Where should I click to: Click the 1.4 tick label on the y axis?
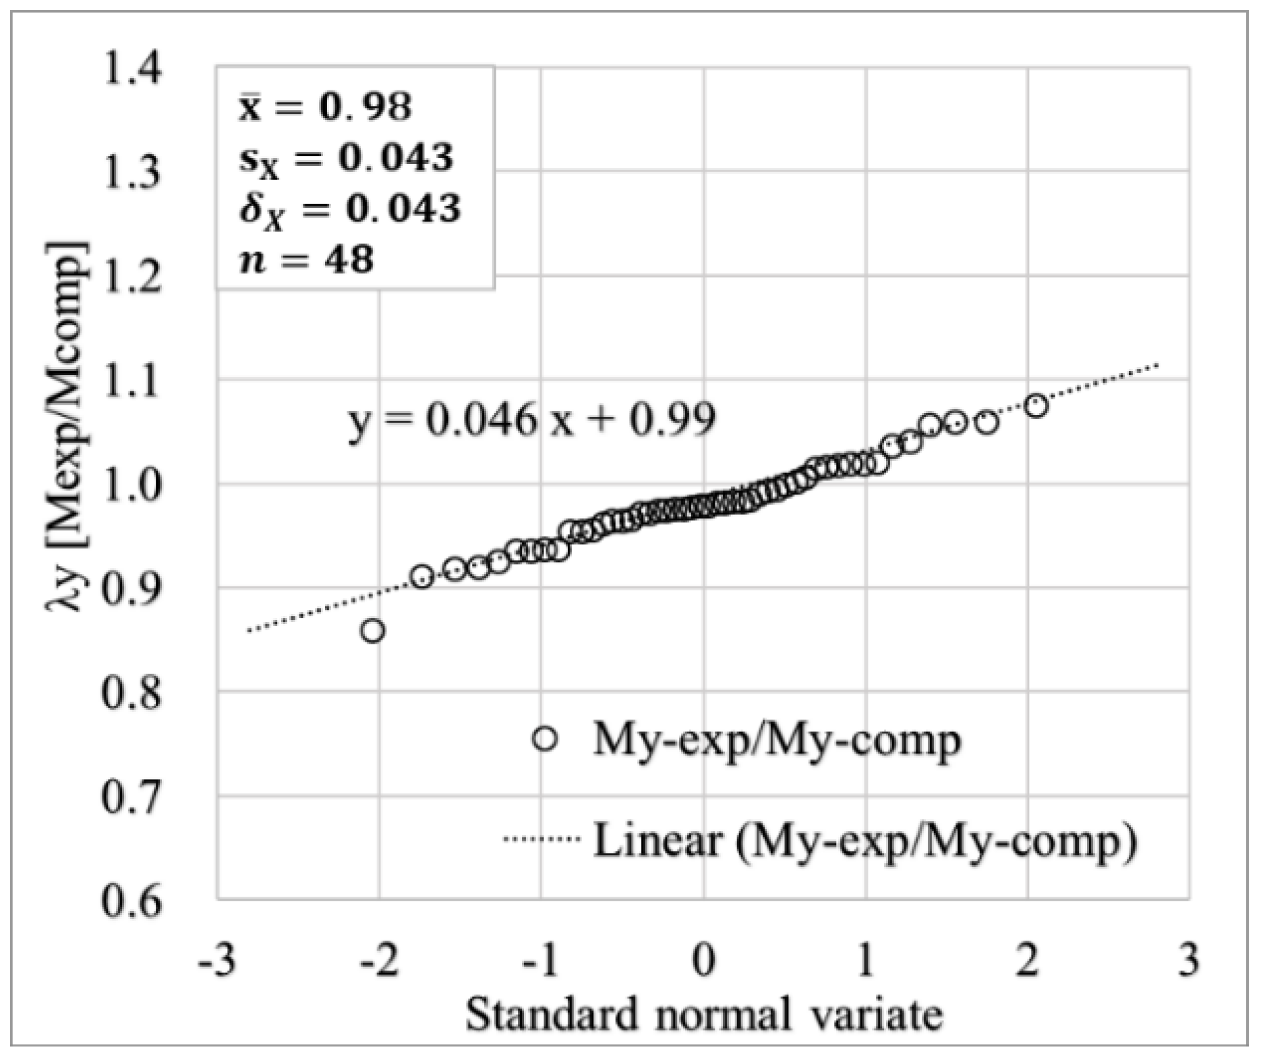click(132, 69)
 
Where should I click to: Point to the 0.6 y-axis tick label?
click(132, 901)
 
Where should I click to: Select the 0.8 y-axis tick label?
click(132, 693)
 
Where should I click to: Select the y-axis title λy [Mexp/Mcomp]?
click(67, 425)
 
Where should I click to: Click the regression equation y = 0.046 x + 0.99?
click(531, 420)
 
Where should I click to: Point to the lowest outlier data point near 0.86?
click(373, 632)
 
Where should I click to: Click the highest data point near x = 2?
click(1036, 406)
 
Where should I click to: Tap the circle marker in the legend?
click(545, 739)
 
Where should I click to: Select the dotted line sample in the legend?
click(541, 839)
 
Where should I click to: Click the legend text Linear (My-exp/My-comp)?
click(864, 841)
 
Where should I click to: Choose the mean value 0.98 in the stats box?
click(364, 107)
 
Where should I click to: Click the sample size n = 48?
click(307, 260)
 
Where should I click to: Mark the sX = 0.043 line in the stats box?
click(346, 159)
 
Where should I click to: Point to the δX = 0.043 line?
click(350, 209)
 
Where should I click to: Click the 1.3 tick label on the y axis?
click(132, 173)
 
